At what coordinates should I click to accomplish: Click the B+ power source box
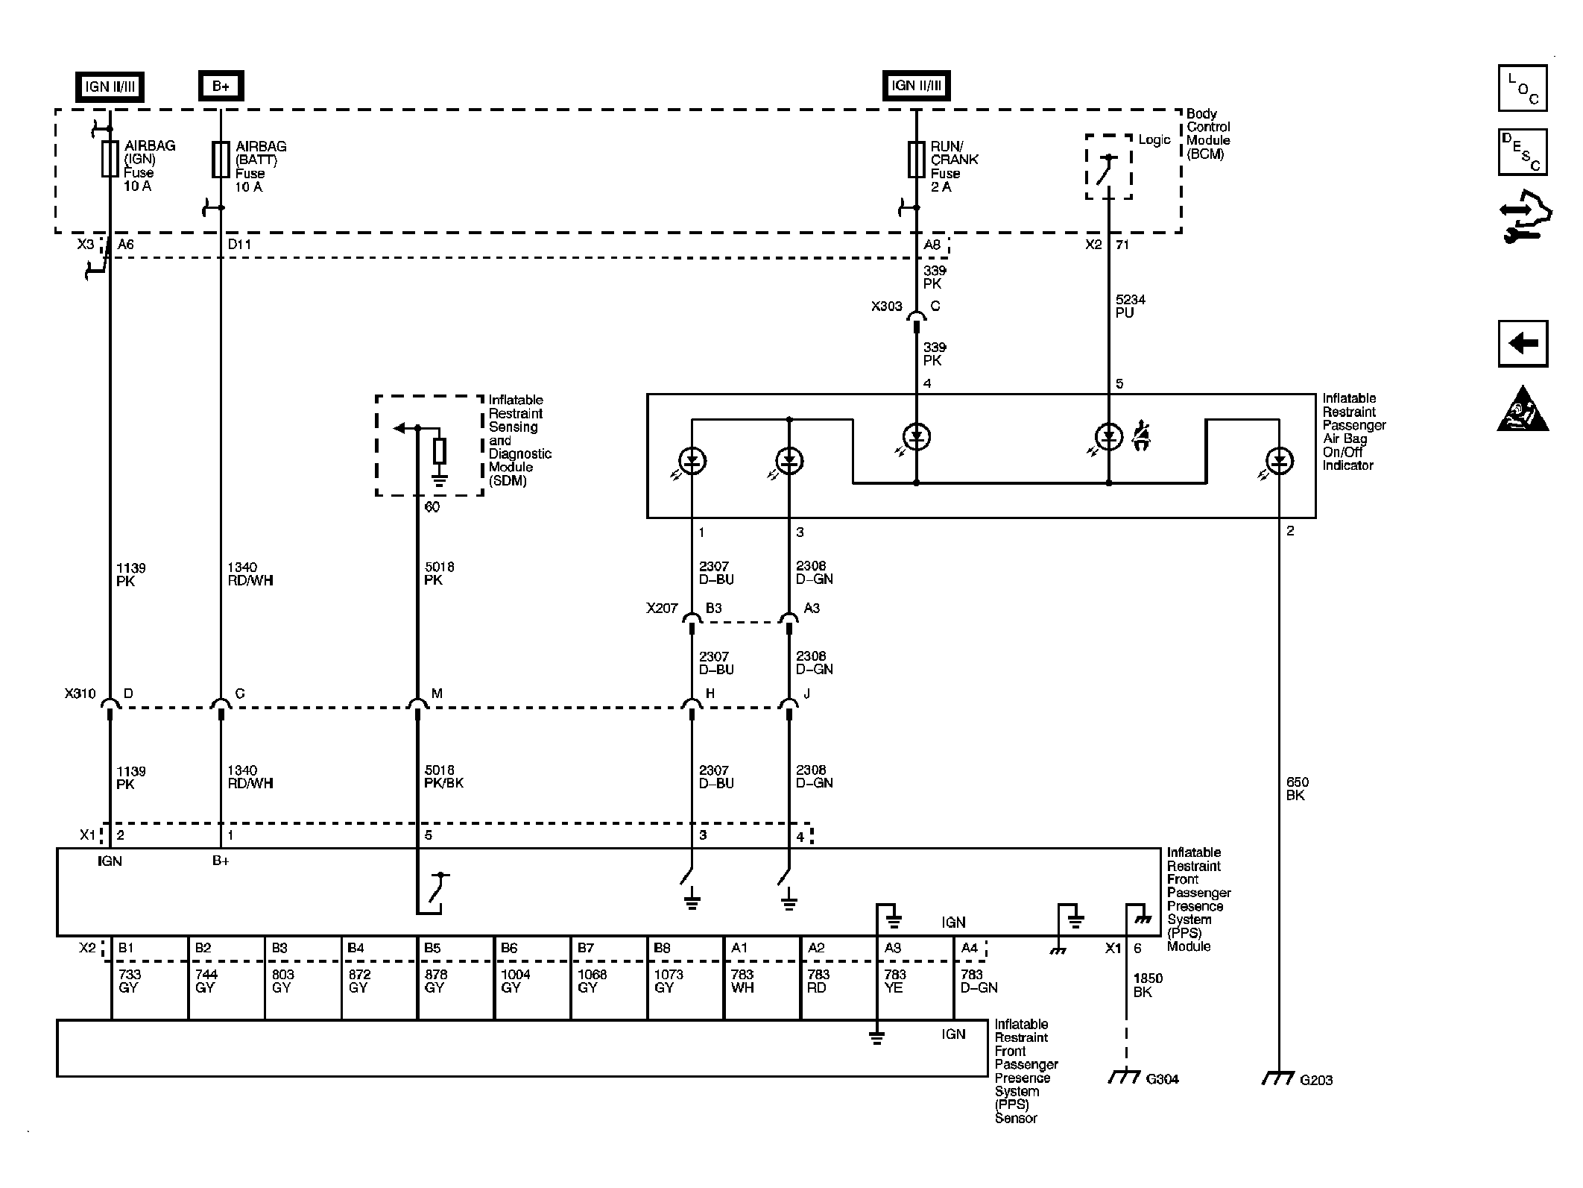click(221, 86)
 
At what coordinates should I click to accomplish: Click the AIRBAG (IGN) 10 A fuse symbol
click(110, 159)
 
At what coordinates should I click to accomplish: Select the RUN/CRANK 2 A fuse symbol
click(916, 159)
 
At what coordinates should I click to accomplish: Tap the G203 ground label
click(1316, 1080)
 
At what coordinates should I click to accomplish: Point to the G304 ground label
click(1162, 1079)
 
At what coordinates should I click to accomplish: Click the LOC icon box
click(1523, 88)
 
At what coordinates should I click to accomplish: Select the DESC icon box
click(1523, 152)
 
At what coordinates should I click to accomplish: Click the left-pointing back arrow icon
click(1523, 344)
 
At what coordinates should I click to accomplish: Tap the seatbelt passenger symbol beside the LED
click(1140, 436)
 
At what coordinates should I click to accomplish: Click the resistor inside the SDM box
click(440, 451)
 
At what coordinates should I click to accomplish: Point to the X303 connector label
click(886, 307)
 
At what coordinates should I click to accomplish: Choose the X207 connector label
click(662, 609)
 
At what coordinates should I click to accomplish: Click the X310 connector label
click(80, 694)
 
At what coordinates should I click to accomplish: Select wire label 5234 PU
click(1130, 307)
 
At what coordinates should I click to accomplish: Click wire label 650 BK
click(1297, 789)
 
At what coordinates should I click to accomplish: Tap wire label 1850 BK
click(1148, 985)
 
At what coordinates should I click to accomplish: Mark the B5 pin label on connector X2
click(432, 948)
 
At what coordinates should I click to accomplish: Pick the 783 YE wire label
click(894, 981)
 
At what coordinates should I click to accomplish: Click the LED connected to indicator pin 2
click(1279, 462)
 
